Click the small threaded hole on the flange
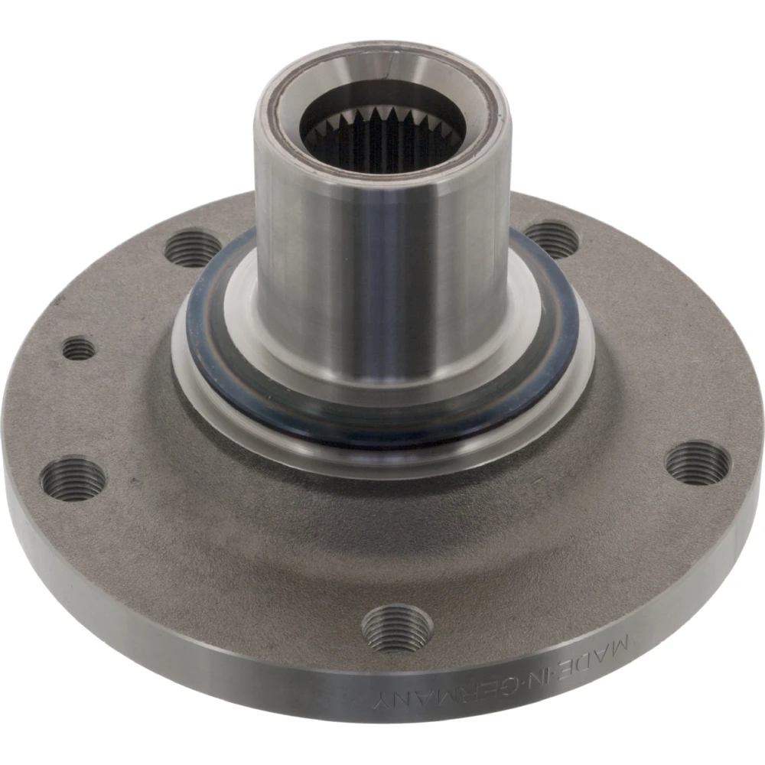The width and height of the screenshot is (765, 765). (x=79, y=348)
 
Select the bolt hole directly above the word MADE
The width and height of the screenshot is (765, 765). (x=698, y=463)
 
